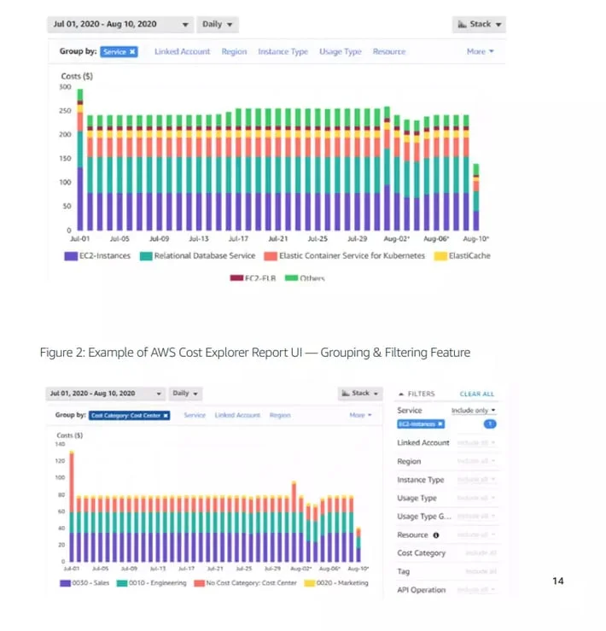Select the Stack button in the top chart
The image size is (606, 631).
pos(479,25)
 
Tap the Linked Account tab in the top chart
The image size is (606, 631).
pos(182,52)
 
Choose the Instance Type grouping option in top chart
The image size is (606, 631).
pos(283,52)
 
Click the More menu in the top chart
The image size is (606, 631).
pos(480,52)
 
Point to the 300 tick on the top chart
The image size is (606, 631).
pos(66,87)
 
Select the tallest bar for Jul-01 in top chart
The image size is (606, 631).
pos(80,159)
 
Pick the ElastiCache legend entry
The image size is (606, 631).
pos(463,256)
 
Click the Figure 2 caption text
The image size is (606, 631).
pos(254,353)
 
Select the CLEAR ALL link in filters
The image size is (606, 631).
pos(476,394)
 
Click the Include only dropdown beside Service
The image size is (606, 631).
pos(474,411)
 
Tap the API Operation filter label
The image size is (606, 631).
pos(421,590)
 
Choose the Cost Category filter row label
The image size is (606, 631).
pos(421,553)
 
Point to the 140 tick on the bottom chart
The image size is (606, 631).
pos(61,444)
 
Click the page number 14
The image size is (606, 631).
pos(558,581)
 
